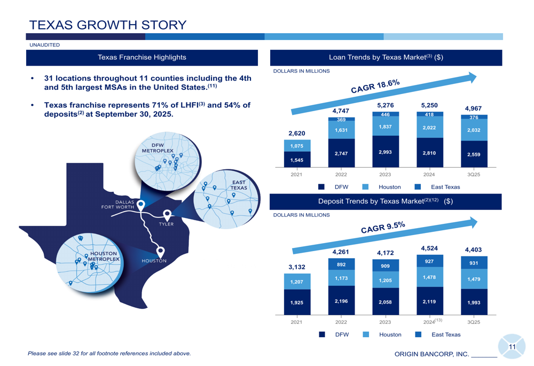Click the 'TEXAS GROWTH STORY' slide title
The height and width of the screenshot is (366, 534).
pyautogui.click(x=108, y=25)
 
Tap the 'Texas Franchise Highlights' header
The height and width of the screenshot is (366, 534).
pyautogui.click(x=142, y=57)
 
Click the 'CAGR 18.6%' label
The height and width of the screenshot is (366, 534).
pyautogui.click(x=375, y=86)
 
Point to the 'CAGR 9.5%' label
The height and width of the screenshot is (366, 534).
pyautogui.click(x=383, y=228)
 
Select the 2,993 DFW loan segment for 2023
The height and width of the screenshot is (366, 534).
pyautogui.click(x=385, y=152)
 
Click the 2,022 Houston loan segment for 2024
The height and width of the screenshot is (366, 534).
pyautogui.click(x=429, y=128)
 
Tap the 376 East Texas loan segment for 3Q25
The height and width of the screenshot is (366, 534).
pyautogui.click(x=474, y=118)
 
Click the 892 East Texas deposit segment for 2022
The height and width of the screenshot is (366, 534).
pyautogui.click(x=341, y=264)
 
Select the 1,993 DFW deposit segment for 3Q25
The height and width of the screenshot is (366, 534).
pyautogui.click(x=474, y=302)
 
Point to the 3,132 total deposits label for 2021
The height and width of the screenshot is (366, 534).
pyautogui.click(x=296, y=267)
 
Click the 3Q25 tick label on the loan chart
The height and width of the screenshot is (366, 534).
pyautogui.click(x=474, y=175)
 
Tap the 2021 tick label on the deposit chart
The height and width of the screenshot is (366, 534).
pyautogui.click(x=296, y=322)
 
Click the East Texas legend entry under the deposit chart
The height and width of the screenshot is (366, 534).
pyautogui.click(x=440, y=334)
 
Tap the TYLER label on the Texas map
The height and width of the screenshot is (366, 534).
pyautogui.click(x=166, y=224)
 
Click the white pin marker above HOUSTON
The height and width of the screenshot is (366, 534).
pyautogui.click(x=160, y=251)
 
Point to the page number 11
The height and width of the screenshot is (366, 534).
pyautogui.click(x=512, y=347)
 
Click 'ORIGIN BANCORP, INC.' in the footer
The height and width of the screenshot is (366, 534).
pyautogui.click(x=431, y=354)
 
